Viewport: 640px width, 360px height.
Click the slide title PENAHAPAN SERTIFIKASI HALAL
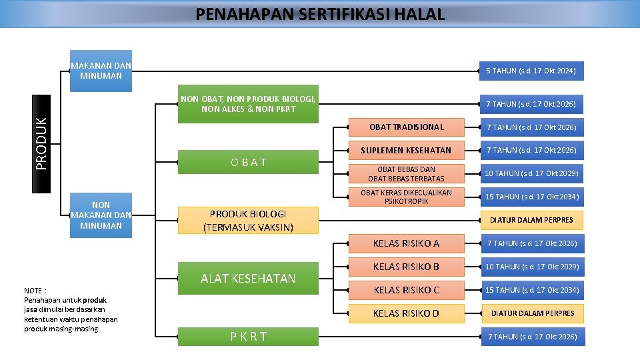[320, 14]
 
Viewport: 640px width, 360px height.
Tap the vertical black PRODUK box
[42, 143]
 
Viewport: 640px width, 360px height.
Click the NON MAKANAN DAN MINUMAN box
[101, 215]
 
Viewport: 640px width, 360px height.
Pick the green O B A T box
[248, 162]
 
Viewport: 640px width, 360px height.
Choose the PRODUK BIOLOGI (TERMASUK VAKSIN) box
[248, 220]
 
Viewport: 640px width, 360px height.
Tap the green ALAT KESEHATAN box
[248, 278]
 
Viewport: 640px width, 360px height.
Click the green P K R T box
[248, 337]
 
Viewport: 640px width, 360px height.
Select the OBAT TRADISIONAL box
[407, 127]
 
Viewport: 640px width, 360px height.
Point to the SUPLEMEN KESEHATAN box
[407, 150]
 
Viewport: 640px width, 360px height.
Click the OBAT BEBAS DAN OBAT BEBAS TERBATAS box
[407, 173]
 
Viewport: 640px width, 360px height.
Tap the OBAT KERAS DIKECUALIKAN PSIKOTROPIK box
[407, 197]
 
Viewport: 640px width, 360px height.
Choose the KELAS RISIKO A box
[407, 243]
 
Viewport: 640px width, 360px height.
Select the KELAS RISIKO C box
[407, 290]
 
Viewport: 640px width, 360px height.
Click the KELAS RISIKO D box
[407, 313]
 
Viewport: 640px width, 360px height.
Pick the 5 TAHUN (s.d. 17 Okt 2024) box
[531, 71]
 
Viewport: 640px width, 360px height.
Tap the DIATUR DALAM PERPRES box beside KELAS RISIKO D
[533, 313]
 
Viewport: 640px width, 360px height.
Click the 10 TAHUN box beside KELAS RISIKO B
[533, 267]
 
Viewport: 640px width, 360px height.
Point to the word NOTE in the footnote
[33, 291]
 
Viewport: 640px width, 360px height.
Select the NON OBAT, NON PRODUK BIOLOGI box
[248, 104]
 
